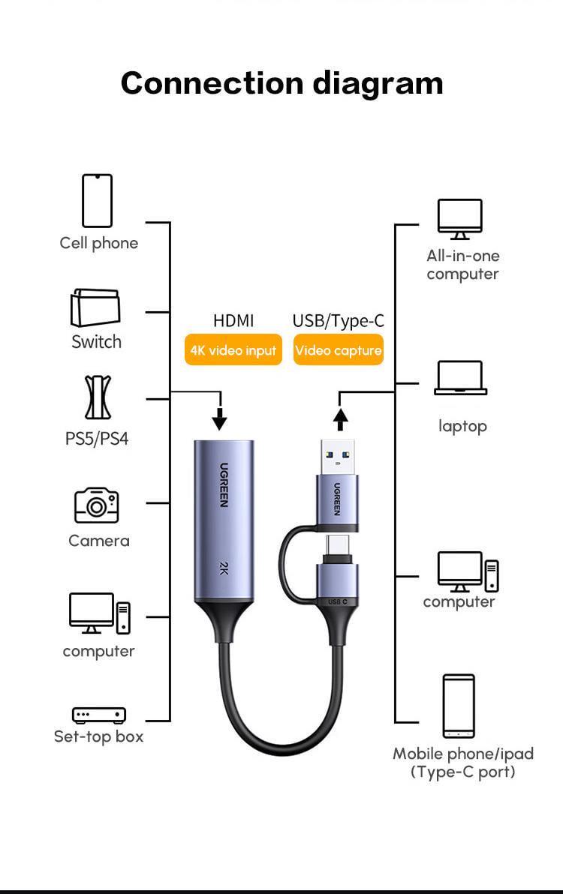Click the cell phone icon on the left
[97, 200]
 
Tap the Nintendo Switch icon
[95, 308]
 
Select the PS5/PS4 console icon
[97, 398]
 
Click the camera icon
[96, 505]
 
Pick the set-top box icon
[98, 715]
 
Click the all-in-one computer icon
[460, 219]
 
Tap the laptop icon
[461, 378]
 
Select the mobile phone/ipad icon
[458, 706]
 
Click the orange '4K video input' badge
[233, 350]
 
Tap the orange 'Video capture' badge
[338, 350]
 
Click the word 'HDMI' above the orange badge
[233, 321]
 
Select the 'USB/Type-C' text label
[338, 321]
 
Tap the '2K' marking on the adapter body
[224, 568]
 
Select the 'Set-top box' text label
[98, 736]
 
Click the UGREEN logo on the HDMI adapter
[224, 484]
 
